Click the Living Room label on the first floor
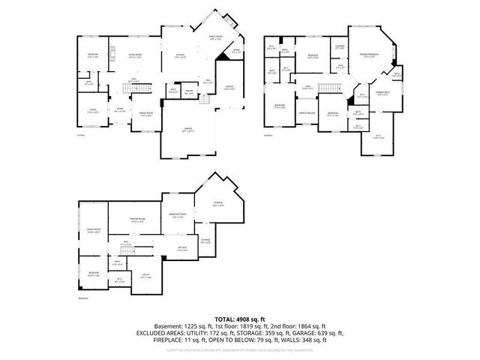[135, 55]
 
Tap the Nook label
[235, 51]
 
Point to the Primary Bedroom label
[368, 55]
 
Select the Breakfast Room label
[178, 214]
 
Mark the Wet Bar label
[181, 247]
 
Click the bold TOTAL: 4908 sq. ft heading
[239, 319]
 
